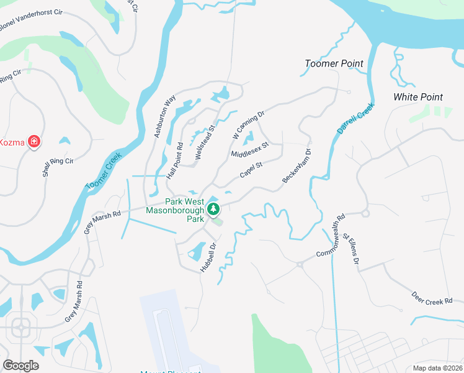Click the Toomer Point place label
(334, 63)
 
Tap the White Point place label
(418, 97)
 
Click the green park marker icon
(214, 209)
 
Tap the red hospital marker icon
(35, 142)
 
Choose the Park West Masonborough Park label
(176, 210)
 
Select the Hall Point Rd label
(174, 162)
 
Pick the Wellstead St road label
(205, 144)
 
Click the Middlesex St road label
(249, 149)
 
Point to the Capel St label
(252, 169)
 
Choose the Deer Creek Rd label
(432, 298)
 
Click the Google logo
(21, 366)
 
